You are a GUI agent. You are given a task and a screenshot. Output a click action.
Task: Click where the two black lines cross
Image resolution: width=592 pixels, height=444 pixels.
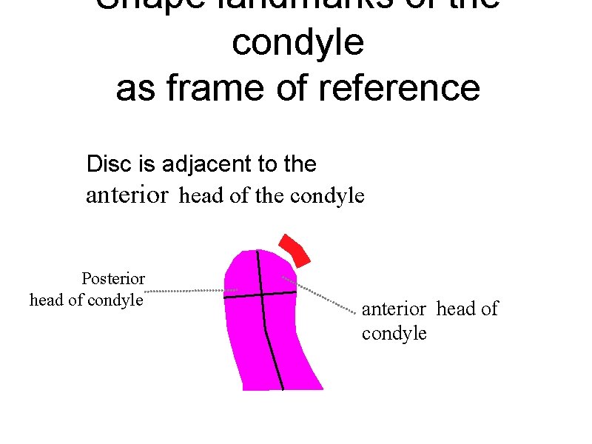261,295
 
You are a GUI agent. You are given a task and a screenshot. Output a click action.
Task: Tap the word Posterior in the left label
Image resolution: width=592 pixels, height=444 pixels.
113,279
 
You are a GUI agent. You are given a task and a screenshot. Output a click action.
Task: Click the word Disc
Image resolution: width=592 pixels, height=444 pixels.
105,164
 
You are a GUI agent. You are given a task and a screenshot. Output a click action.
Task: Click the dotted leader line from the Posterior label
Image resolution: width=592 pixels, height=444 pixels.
185,291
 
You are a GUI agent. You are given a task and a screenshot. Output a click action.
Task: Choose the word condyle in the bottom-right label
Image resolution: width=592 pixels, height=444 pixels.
394,334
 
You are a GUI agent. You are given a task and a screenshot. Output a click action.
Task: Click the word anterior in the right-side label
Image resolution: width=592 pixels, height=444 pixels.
394,309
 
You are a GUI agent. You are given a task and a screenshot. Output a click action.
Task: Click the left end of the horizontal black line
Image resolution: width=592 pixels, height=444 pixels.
225,297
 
